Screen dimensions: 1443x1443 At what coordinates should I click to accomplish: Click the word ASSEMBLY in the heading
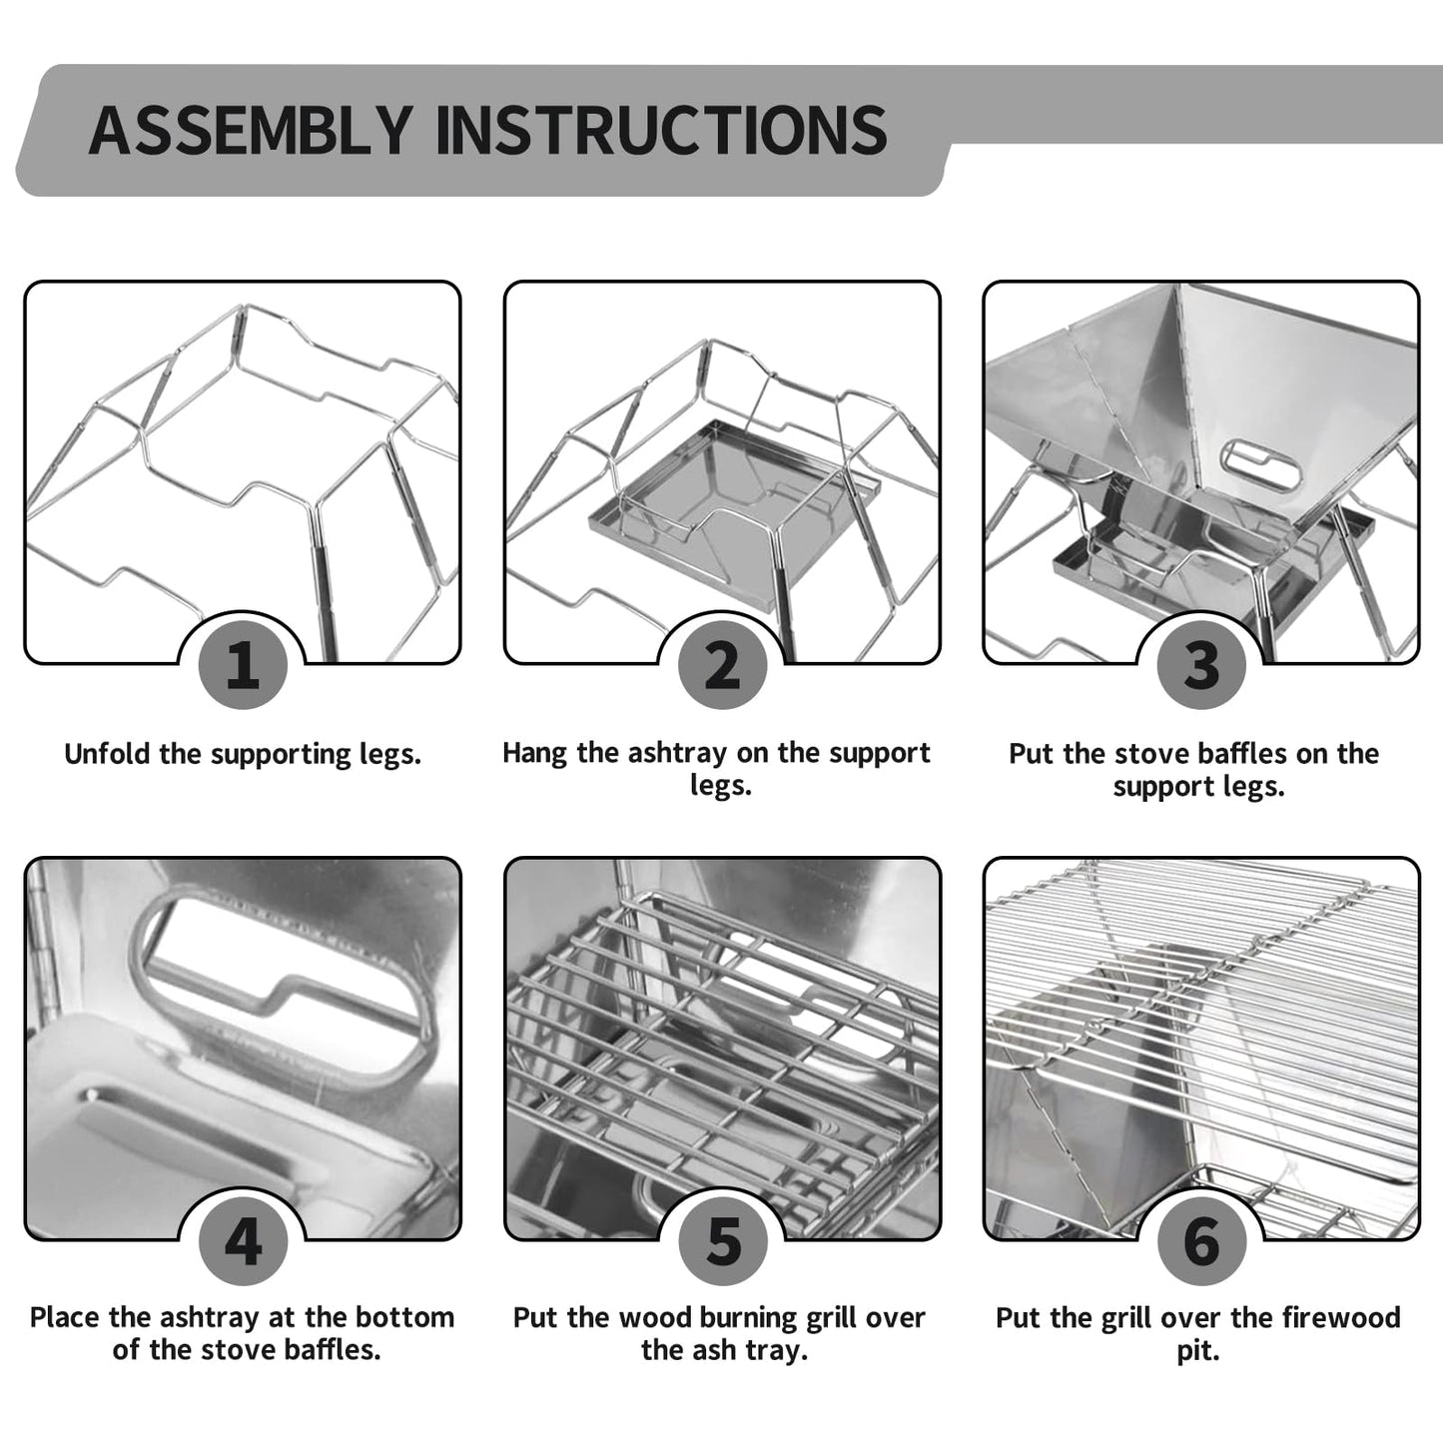[x=250, y=130]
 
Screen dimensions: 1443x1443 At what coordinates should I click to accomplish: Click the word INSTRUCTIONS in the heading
[x=661, y=130]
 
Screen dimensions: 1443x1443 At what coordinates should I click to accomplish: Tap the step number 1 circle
[x=243, y=664]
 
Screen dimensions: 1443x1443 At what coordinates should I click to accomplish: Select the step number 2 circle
[x=722, y=664]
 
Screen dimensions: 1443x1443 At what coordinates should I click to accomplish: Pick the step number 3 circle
[x=1201, y=664]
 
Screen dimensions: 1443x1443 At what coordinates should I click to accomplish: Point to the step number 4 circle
[x=243, y=1241]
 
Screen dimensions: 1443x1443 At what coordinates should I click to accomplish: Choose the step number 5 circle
[x=722, y=1241]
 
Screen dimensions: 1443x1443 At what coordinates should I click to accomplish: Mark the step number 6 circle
[x=1201, y=1241]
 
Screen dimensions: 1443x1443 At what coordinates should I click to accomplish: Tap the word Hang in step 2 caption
[x=535, y=753]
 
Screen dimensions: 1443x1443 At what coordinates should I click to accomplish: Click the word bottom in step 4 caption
[x=409, y=1318]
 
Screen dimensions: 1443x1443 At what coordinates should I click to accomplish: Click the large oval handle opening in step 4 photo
[x=290, y=984]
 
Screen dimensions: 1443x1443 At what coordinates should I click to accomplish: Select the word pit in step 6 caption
[x=1196, y=1352]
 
